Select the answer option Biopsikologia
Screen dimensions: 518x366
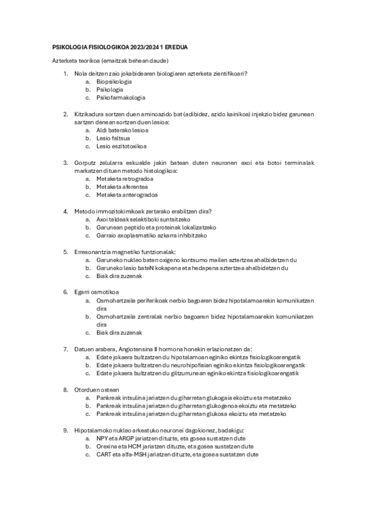tap(114, 81)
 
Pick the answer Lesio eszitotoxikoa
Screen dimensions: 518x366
tap(121, 146)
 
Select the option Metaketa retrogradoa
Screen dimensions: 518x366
tap(125, 179)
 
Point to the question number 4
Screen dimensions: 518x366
tap(65, 211)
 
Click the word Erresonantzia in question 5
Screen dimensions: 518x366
tap(92, 252)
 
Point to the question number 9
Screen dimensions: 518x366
tap(65, 430)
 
